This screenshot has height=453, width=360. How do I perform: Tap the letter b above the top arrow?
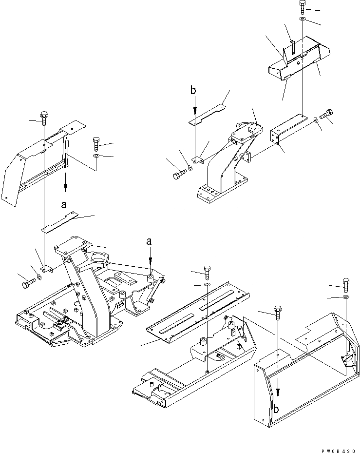pyautogui.click(x=194, y=91)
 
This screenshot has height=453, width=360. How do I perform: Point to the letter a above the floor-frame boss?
pyautogui.click(x=150, y=241)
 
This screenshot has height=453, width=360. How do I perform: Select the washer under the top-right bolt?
pyautogui.click(x=303, y=19)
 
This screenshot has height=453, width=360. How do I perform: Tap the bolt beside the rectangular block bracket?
pyautogui.click(x=327, y=114)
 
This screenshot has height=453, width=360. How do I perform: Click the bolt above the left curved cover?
pyautogui.click(x=44, y=115)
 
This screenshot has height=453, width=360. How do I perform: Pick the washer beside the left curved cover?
pyautogui.click(x=96, y=156)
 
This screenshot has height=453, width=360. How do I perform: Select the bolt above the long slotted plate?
pyautogui.click(x=207, y=272)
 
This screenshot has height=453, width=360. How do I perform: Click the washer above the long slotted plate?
pyautogui.click(x=207, y=284)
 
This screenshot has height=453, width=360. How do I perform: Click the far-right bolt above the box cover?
pyautogui.click(x=345, y=283)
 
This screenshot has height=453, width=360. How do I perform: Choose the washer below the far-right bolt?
pyautogui.click(x=345, y=296)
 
